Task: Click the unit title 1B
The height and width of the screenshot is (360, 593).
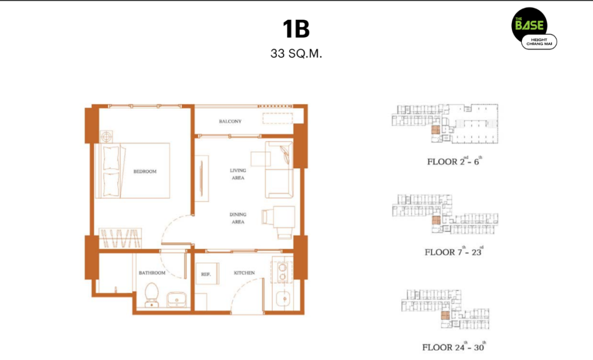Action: pos(296,29)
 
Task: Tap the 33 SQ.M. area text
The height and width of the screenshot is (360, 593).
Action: pos(296,54)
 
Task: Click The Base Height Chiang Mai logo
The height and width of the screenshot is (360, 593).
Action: pos(534,28)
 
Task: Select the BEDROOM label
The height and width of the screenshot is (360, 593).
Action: pos(145,171)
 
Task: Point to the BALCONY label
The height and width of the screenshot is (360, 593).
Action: pos(230,122)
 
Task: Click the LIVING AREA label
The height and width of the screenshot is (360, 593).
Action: pos(238,174)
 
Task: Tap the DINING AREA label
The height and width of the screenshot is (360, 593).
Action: pos(238,218)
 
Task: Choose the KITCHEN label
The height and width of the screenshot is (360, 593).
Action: pos(244,273)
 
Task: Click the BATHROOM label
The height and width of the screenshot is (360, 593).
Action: pos(152,273)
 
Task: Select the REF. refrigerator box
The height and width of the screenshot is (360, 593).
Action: pos(207,274)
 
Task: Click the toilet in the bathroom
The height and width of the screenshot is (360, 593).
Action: pos(152,295)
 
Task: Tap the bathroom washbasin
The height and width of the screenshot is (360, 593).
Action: pos(176,299)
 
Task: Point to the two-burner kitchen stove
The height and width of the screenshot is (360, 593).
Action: pos(282,272)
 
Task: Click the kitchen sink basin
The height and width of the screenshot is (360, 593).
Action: pos(283,299)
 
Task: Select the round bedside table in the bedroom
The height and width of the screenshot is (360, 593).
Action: pos(107,137)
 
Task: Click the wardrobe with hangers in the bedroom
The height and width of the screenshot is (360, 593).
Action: pos(120,238)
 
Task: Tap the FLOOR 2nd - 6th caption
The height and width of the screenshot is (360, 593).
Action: pos(455,161)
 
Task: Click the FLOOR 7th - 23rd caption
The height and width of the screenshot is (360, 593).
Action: pos(454,251)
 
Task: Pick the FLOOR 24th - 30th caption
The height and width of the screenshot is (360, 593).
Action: pos(454,346)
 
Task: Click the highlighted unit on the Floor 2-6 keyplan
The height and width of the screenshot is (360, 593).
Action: pos(435,130)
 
